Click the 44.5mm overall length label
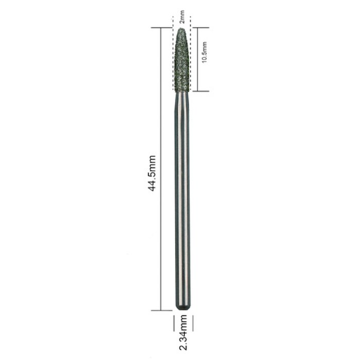[x=151, y=173]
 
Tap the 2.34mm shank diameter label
[x=183, y=332]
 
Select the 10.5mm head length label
[x=204, y=52]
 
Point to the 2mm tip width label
[x=182, y=17]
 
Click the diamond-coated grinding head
[x=182, y=60]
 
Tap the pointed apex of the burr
[x=182, y=28]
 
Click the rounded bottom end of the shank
[x=183, y=309]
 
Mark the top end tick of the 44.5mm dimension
[x=161, y=28]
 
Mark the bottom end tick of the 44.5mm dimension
[x=161, y=311]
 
